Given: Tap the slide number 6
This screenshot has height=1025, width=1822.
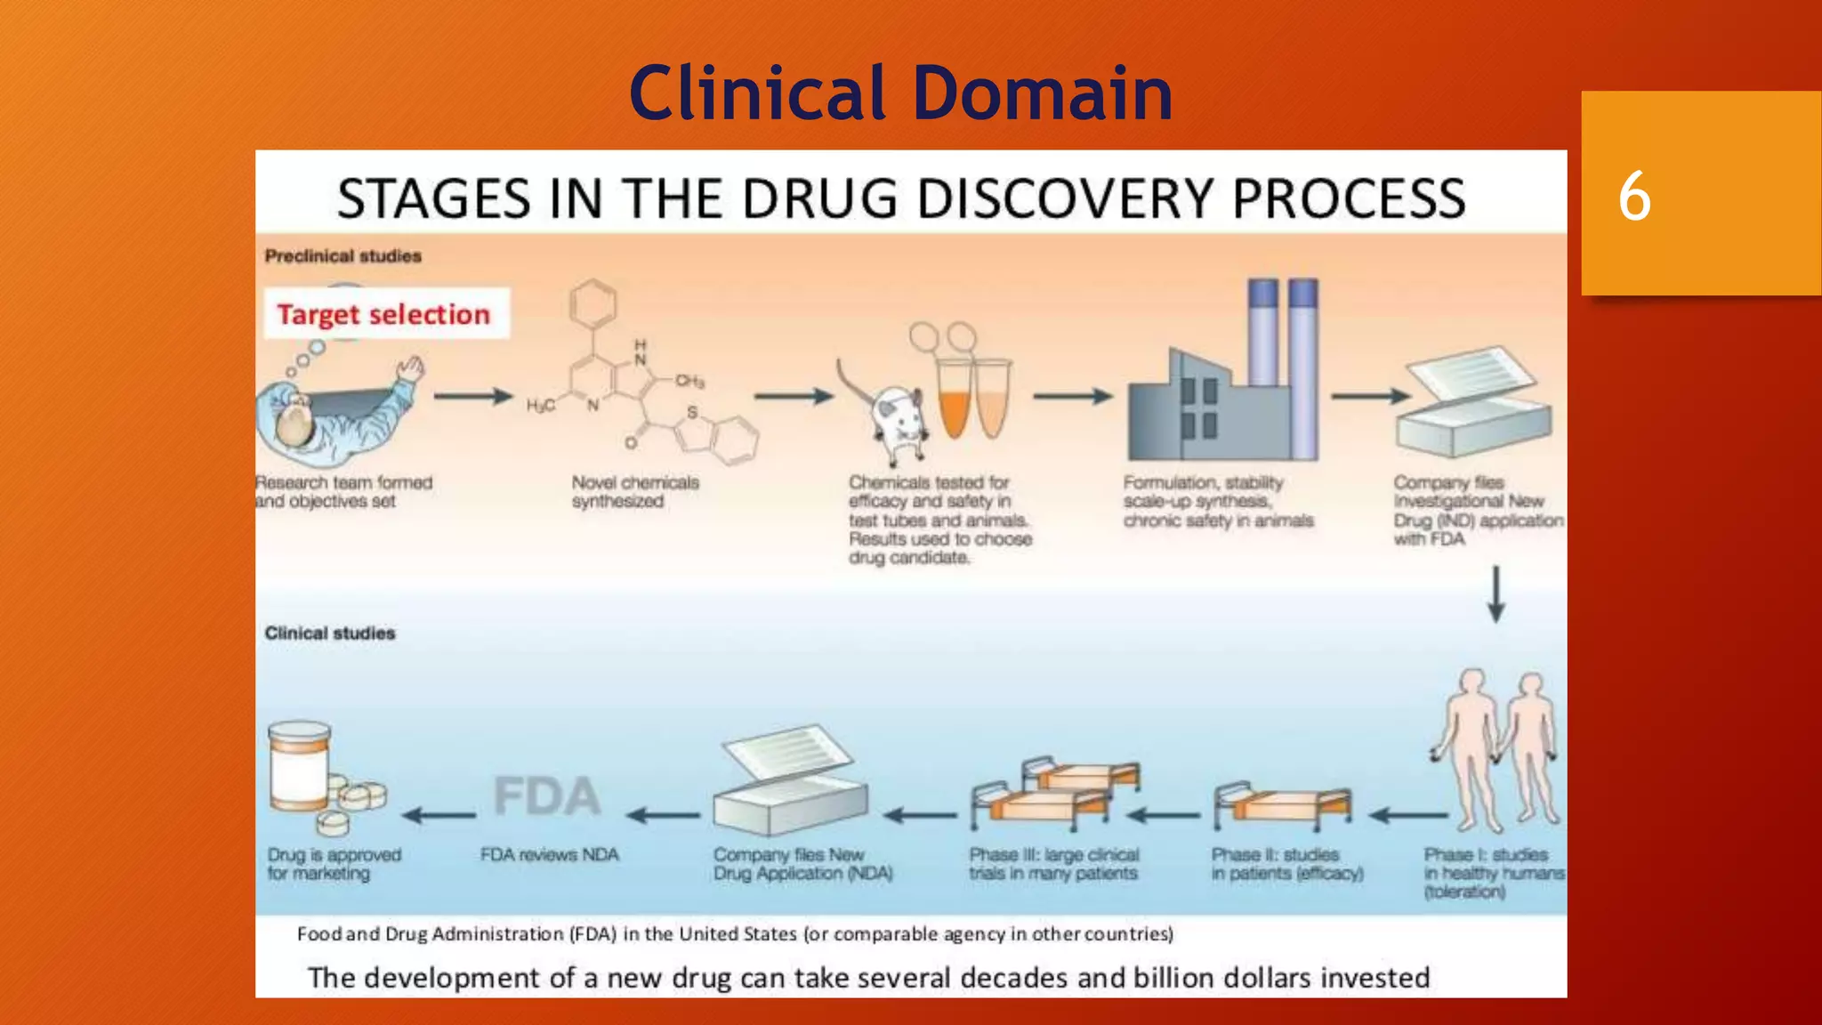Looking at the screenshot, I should pyautogui.click(x=1634, y=197).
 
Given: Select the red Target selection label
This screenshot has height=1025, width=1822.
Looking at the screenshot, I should pyautogui.click(x=384, y=314).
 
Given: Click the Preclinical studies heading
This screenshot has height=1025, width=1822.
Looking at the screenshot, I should pyautogui.click(x=343, y=256).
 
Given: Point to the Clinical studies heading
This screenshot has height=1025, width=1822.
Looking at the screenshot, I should pyautogui.click(x=330, y=634).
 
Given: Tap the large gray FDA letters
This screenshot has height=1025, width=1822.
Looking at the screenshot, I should pyautogui.click(x=547, y=795).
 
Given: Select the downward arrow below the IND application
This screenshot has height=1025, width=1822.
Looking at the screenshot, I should pyautogui.click(x=1496, y=594).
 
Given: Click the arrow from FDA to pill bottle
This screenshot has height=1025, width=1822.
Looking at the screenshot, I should pyautogui.click(x=439, y=814).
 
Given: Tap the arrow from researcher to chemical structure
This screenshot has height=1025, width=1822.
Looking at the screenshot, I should pyautogui.click(x=473, y=397).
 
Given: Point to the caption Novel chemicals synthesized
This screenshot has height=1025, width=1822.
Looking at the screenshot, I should pyautogui.click(x=635, y=492).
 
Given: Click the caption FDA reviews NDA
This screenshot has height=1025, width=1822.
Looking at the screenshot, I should pyautogui.click(x=550, y=855).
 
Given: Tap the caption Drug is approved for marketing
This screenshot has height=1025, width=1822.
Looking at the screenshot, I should pyautogui.click(x=334, y=864).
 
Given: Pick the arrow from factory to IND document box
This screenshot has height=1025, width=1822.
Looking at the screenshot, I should pyautogui.click(x=1368, y=397).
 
